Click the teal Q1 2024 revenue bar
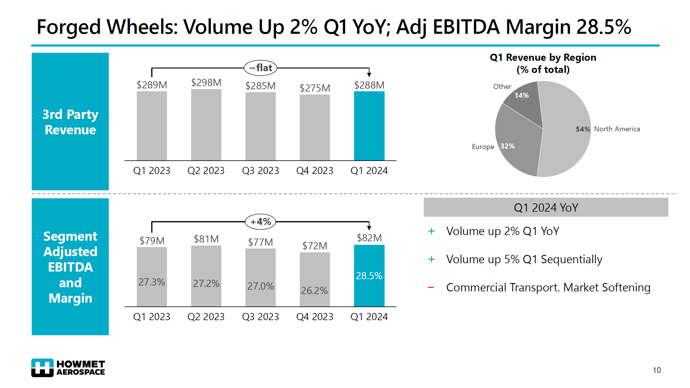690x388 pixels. (x=369, y=126)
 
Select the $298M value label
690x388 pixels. (x=206, y=82)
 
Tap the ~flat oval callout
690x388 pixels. (x=260, y=68)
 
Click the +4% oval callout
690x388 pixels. (x=260, y=221)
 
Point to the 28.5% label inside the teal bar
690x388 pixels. (x=369, y=276)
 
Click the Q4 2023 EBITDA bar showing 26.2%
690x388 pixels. (x=315, y=279)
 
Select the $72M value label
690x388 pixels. (x=315, y=246)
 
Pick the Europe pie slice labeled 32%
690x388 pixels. (x=517, y=142)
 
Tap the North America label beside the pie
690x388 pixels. (x=617, y=129)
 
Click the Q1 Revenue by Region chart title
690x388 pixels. (x=543, y=63)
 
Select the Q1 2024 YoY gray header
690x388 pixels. (x=546, y=207)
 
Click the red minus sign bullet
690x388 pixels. (x=431, y=287)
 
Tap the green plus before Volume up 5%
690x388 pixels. (x=431, y=259)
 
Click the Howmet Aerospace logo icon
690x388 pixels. (x=42, y=368)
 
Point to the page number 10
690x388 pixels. (x=656, y=370)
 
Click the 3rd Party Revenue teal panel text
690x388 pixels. (x=70, y=122)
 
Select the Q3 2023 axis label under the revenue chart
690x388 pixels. (x=260, y=171)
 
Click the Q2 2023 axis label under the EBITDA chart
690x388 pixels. (x=206, y=317)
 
